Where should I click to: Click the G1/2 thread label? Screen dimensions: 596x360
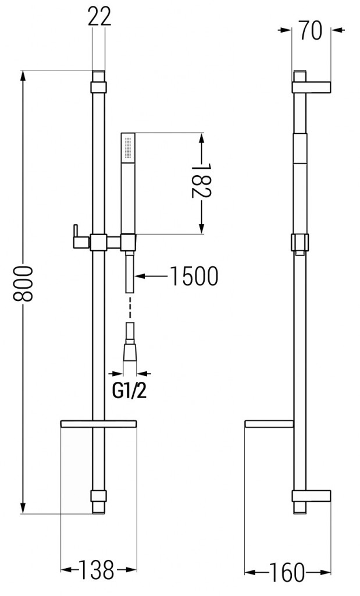tap(129, 391)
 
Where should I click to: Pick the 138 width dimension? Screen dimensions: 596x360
tap(98, 570)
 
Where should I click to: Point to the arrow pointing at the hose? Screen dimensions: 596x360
tap(151, 276)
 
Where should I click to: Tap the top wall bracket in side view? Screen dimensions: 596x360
tap(312, 86)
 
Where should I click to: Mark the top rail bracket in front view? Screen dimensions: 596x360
tap(99, 87)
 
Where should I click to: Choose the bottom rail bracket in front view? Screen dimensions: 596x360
tap(99, 496)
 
